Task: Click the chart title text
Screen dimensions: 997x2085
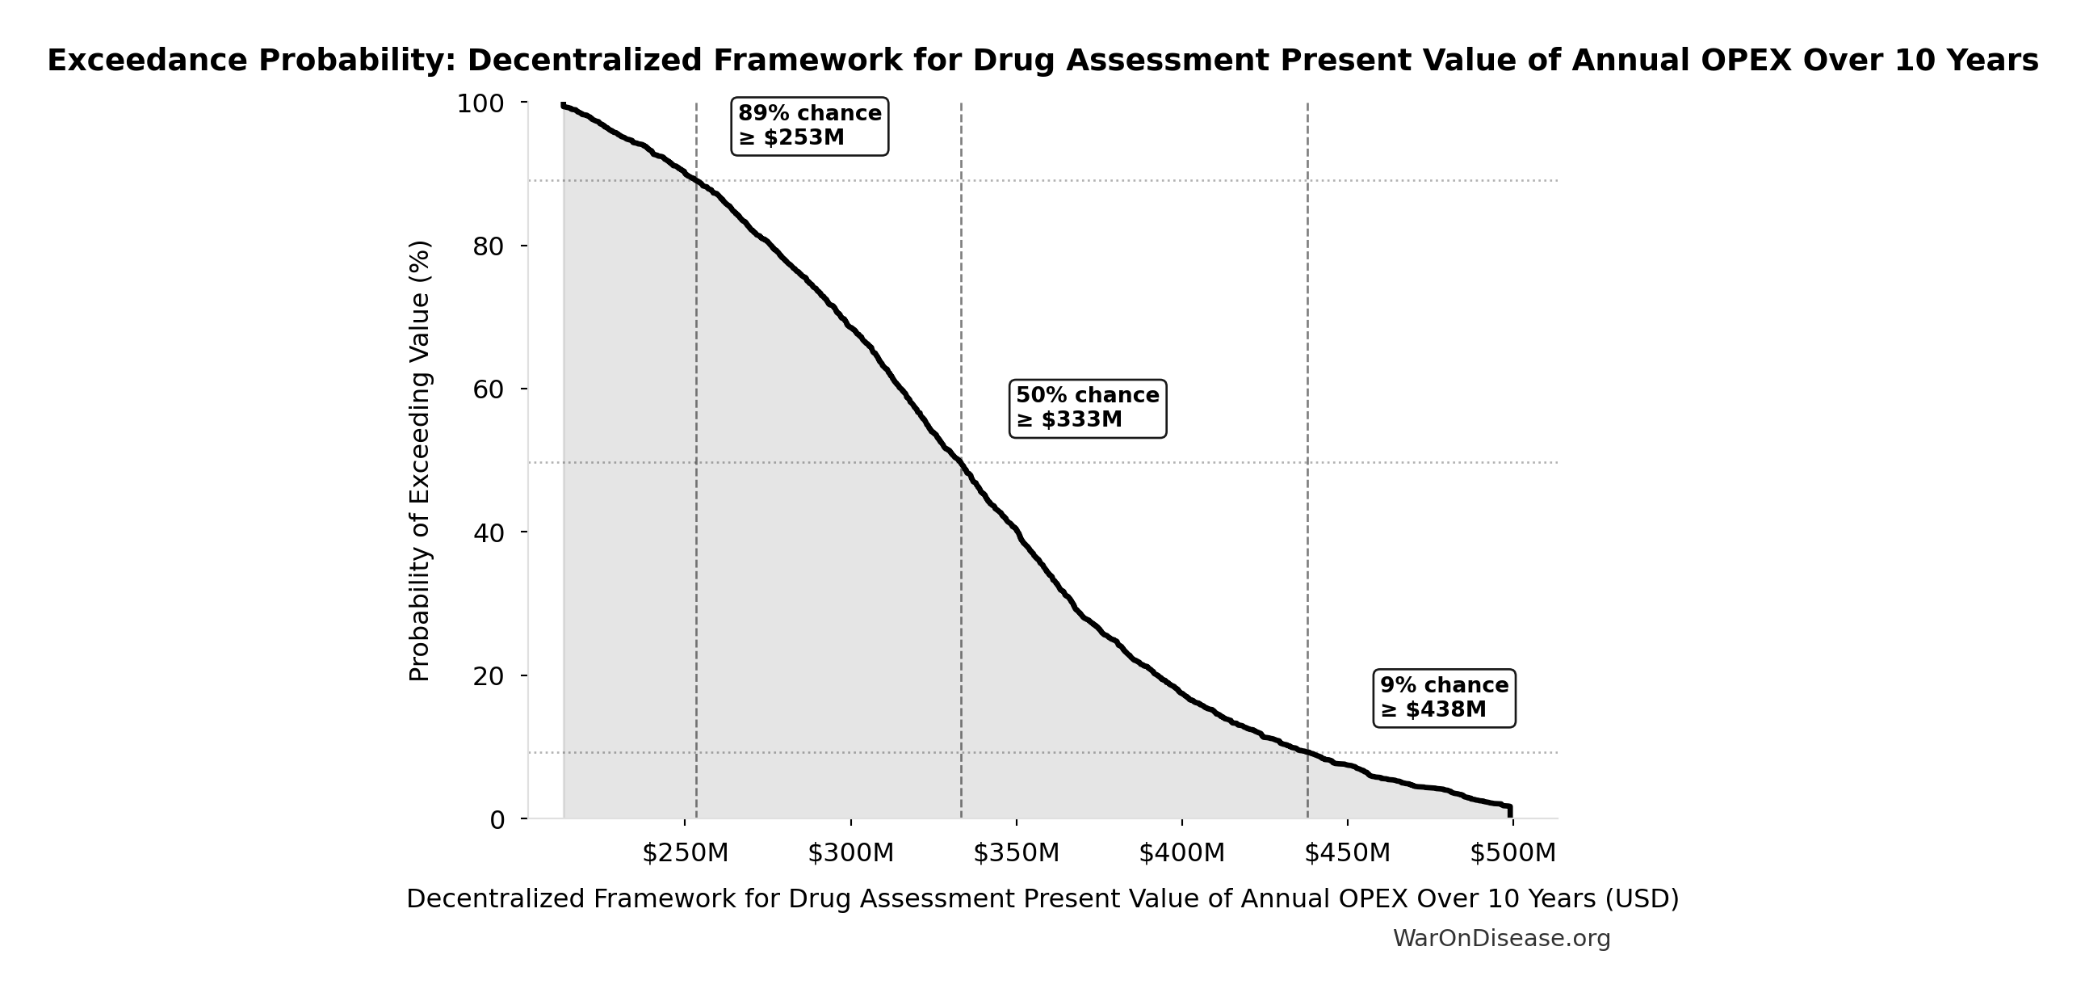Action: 1042,61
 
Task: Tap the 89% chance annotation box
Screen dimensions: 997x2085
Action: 809,125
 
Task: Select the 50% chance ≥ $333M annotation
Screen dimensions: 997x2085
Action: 1087,408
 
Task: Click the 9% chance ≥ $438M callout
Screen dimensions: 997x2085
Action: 1444,698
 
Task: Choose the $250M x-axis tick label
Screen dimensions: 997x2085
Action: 686,853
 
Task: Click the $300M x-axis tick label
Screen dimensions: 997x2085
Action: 850,853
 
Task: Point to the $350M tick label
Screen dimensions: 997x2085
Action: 1017,853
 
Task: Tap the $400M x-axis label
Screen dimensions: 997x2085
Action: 1181,853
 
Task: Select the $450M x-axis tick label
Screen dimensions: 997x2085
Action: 1348,853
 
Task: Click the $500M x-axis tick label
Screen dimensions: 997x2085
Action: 1512,853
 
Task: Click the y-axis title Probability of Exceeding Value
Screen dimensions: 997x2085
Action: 419,461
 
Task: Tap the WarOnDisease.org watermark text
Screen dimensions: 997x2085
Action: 1501,938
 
